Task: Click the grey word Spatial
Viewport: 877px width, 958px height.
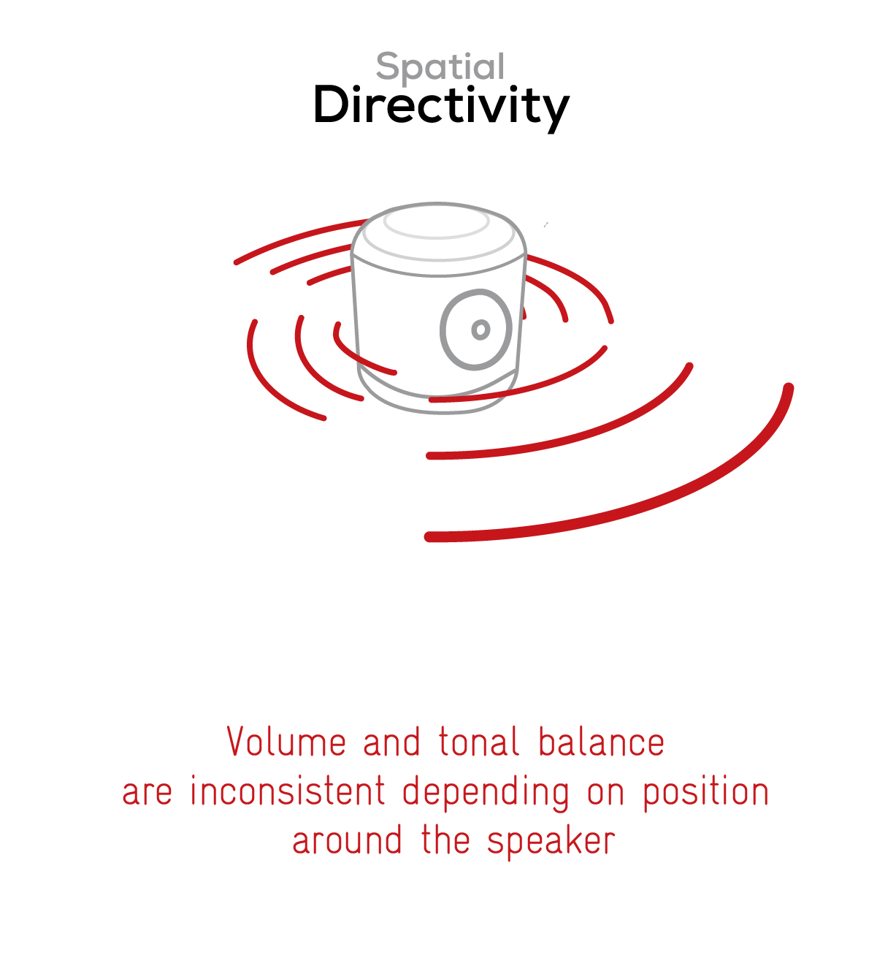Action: [x=440, y=68]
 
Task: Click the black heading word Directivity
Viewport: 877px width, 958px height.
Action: [x=441, y=107]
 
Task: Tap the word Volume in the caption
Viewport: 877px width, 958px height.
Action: [x=286, y=741]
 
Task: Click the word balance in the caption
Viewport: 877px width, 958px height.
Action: [x=602, y=741]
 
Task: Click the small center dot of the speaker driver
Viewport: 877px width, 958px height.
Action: [x=480, y=330]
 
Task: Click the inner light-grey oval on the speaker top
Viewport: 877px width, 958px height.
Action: [x=437, y=237]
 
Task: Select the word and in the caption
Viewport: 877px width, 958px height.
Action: [x=391, y=741]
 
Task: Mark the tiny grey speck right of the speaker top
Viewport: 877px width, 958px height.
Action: [x=545, y=224]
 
